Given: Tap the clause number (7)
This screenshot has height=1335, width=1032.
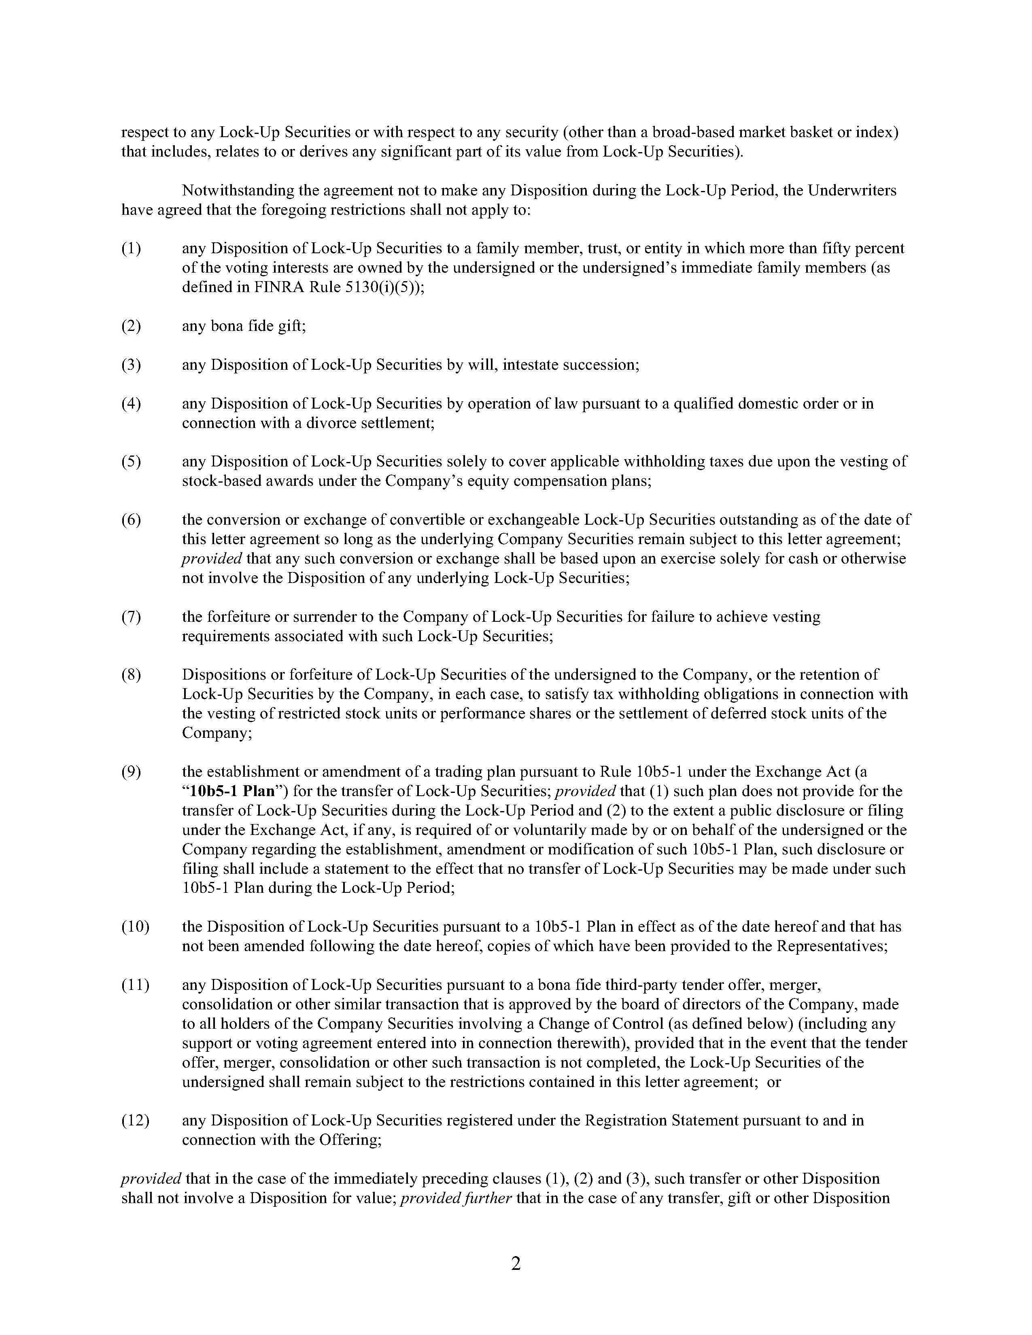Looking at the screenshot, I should click(131, 617).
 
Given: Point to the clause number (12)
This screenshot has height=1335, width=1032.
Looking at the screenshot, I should click(135, 1121).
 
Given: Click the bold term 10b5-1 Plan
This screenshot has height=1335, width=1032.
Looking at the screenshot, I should click(232, 791).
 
